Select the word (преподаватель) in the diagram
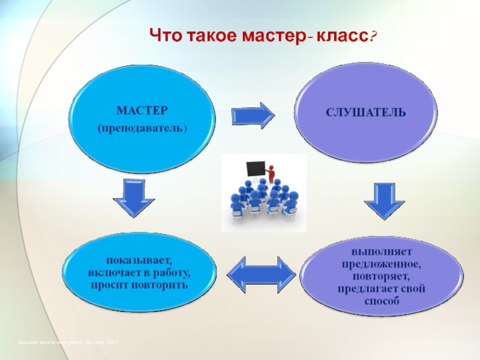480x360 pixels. coord(142,129)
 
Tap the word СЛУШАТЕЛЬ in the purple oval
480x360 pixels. coord(366,112)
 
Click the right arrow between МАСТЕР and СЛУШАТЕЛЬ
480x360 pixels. coord(252,115)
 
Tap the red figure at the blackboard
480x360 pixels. coord(271,173)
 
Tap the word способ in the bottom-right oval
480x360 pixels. coord(381,299)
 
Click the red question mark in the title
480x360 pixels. coord(373,38)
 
